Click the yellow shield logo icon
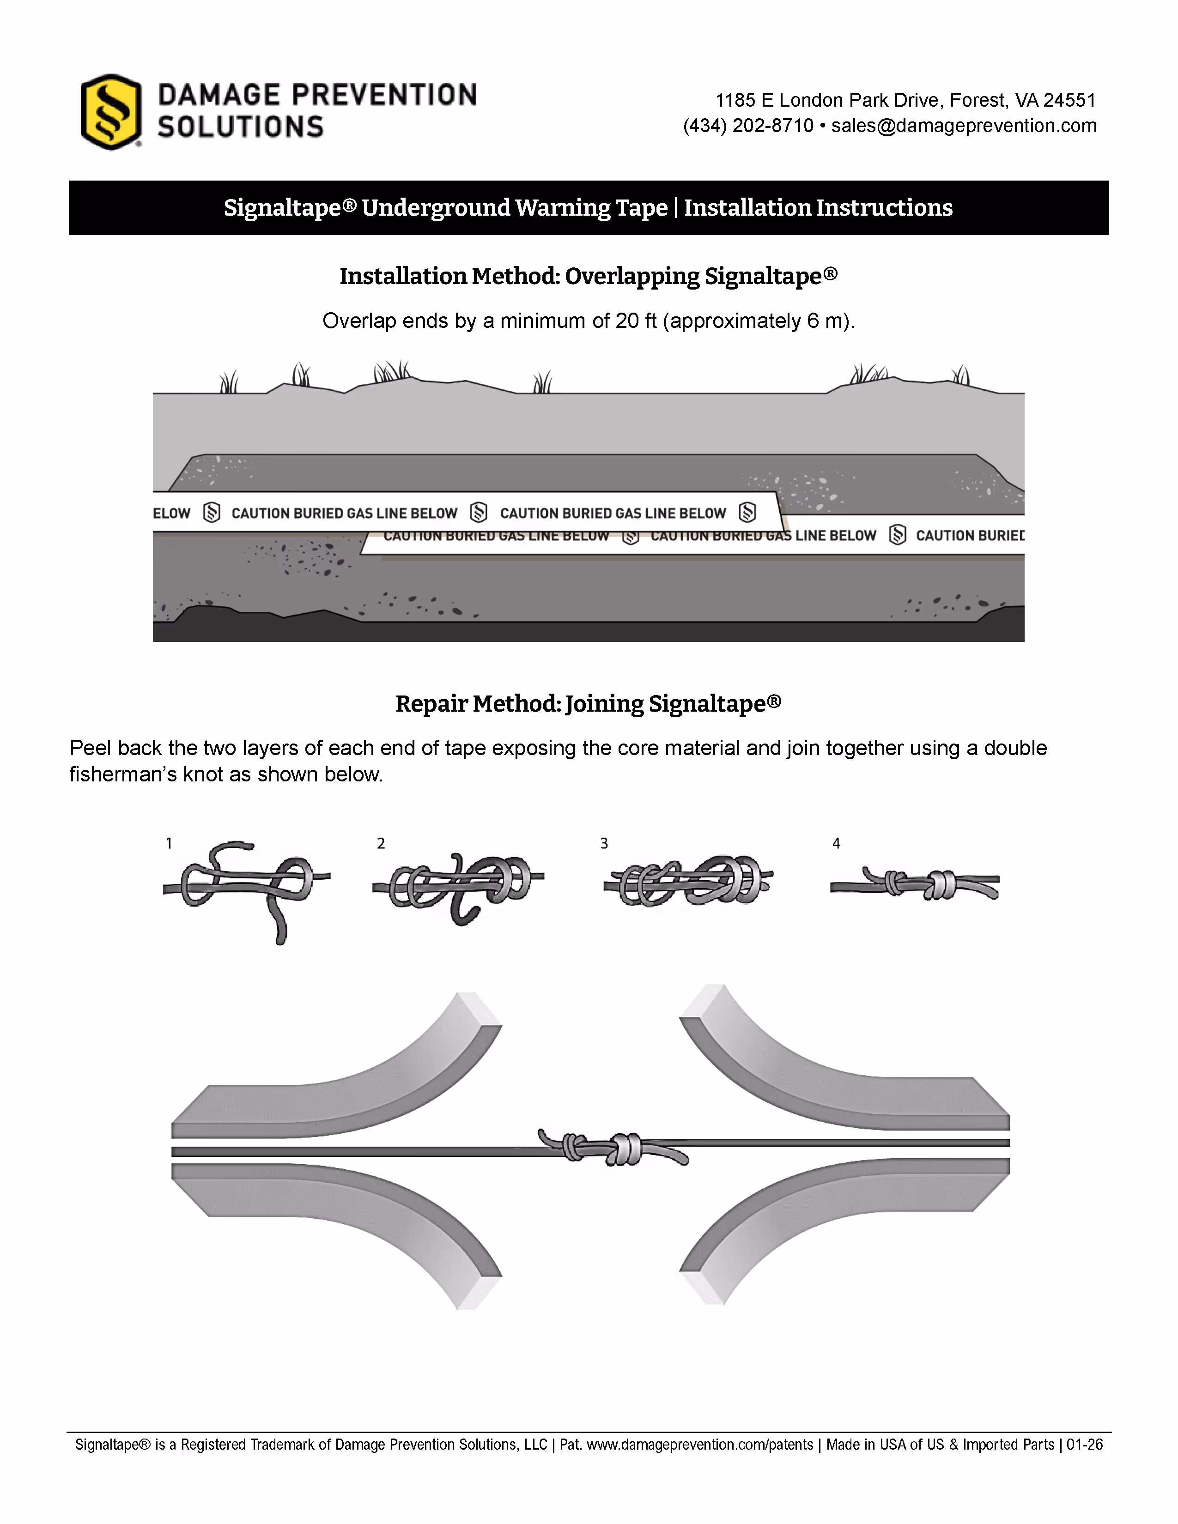111,112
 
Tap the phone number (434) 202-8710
748,126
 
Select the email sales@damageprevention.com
964,126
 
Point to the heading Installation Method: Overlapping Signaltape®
588,276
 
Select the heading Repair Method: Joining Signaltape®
588,703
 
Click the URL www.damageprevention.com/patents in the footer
699,1445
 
